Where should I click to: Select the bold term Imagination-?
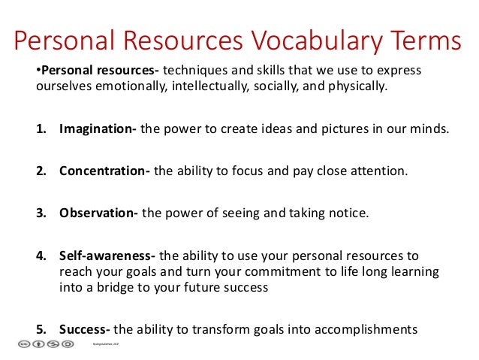click(98, 129)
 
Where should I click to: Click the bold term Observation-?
click(99, 213)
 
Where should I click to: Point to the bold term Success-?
click(86, 328)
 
